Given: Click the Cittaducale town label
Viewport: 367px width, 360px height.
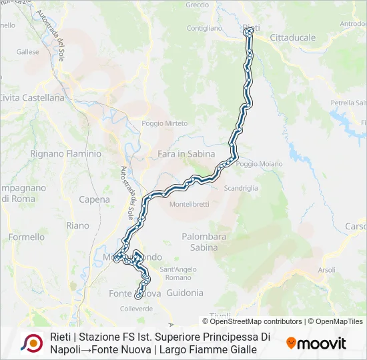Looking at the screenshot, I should click(293, 38).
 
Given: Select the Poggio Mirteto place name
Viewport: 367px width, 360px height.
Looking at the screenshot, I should click(165, 123).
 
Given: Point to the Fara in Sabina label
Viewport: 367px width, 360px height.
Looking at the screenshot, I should click(186, 154).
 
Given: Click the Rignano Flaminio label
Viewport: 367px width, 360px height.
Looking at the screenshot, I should click(66, 153).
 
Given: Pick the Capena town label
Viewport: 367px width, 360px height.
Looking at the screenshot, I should click(94, 199).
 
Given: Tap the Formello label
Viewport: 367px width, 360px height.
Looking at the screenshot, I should click(27, 237).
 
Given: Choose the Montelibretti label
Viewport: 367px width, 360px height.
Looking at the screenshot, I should click(190, 204).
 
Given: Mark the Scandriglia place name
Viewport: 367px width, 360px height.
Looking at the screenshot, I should click(241, 189).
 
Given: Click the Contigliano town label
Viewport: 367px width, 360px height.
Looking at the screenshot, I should click(204, 29).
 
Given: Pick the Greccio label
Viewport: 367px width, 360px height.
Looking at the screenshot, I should click(198, 5).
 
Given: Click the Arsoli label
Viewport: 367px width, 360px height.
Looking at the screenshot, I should click(326, 270).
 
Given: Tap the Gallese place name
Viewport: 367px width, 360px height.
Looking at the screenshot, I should click(28, 51).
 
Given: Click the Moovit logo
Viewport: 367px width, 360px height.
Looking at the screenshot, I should click(316, 343).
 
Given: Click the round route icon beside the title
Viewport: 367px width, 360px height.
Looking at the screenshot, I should click(31, 343).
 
